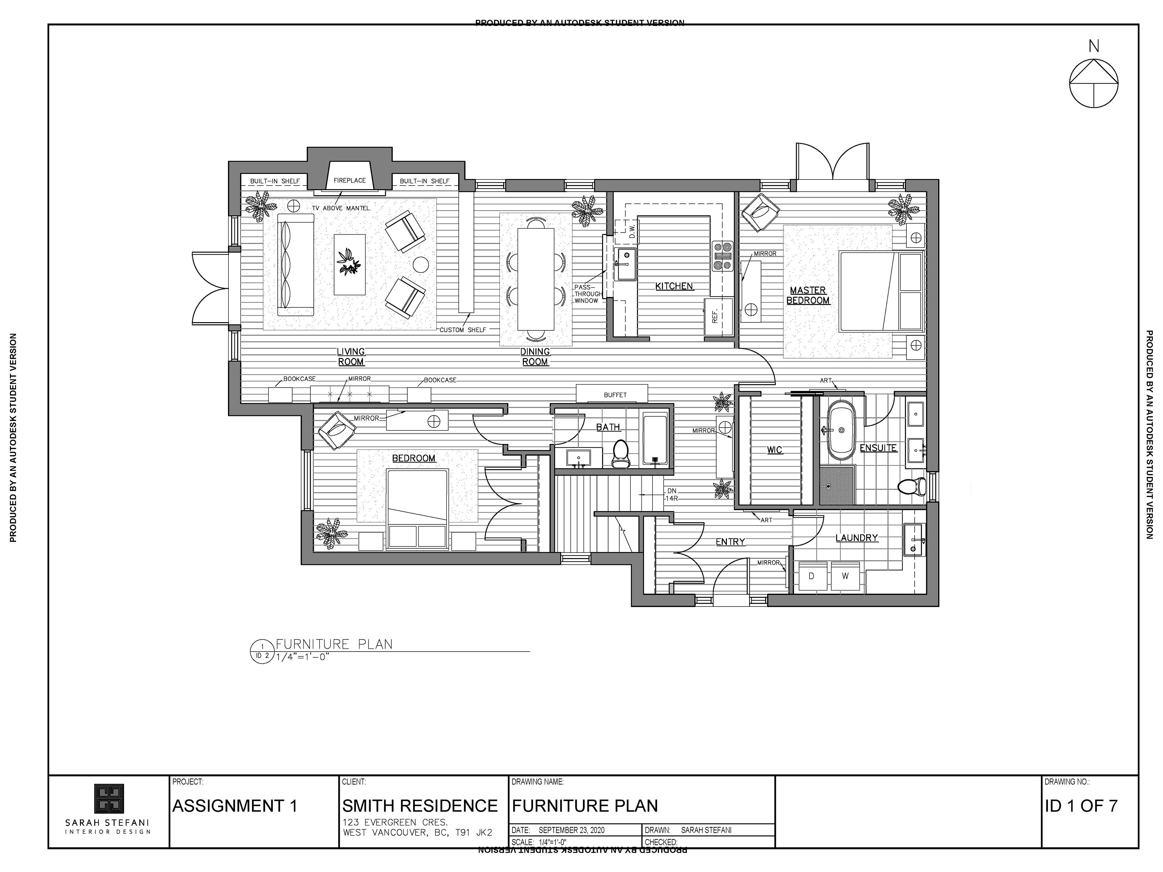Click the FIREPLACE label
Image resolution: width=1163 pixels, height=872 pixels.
click(350, 180)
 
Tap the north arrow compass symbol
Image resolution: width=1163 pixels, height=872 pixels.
click(1094, 83)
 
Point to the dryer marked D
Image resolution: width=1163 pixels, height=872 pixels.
click(811, 576)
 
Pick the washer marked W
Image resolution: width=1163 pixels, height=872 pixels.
click(845, 576)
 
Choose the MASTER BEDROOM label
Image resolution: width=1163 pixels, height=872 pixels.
click(808, 296)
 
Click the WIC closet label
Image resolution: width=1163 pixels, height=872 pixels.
click(774, 450)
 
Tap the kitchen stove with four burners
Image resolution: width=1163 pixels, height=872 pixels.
click(722, 256)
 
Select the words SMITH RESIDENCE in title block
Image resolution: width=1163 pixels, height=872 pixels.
click(419, 806)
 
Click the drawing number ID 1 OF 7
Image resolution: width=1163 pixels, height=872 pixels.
click(1080, 806)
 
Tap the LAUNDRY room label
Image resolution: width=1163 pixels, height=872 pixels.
click(857, 538)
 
